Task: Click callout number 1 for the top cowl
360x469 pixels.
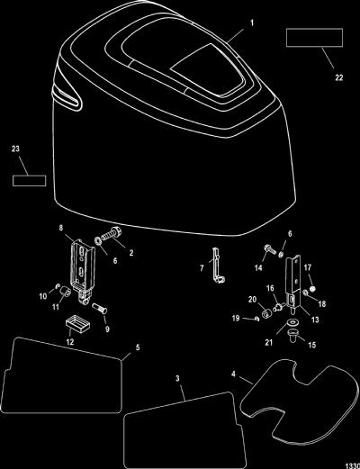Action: pyautogui.click(x=252, y=23)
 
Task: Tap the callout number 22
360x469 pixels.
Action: pyautogui.click(x=338, y=77)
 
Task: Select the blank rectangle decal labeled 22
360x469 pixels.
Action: pyautogui.click(x=314, y=38)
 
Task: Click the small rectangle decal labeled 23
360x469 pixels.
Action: pyautogui.click(x=30, y=181)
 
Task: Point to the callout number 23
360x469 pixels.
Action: pyautogui.click(x=15, y=149)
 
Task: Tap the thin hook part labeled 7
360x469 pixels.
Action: pyautogui.click(x=217, y=266)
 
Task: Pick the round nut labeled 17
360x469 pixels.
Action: pyautogui.click(x=312, y=289)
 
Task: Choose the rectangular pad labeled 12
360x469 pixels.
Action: pyautogui.click(x=78, y=325)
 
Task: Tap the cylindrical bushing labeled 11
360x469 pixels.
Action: pyautogui.click(x=65, y=292)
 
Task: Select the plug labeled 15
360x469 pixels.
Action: pyautogui.click(x=292, y=335)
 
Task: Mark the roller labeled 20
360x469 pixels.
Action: pyautogui.click(x=266, y=314)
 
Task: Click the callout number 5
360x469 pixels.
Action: pyautogui.click(x=138, y=347)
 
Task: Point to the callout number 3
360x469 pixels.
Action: pyautogui.click(x=177, y=379)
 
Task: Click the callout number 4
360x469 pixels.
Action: pyautogui.click(x=233, y=374)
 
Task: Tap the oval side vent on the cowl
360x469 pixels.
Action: pyautogui.click(x=67, y=97)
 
